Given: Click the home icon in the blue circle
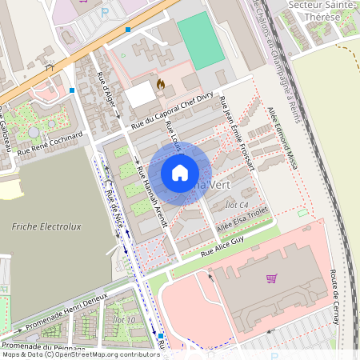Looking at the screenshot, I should [180, 173].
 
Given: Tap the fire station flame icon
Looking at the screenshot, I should [160, 83].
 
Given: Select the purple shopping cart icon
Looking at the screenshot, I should [271, 278].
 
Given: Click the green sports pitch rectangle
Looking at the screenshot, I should [200, 40].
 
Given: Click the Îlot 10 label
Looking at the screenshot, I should [126, 321].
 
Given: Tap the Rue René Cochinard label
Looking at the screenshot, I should [50, 142].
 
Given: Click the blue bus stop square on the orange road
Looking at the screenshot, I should [127, 30].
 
